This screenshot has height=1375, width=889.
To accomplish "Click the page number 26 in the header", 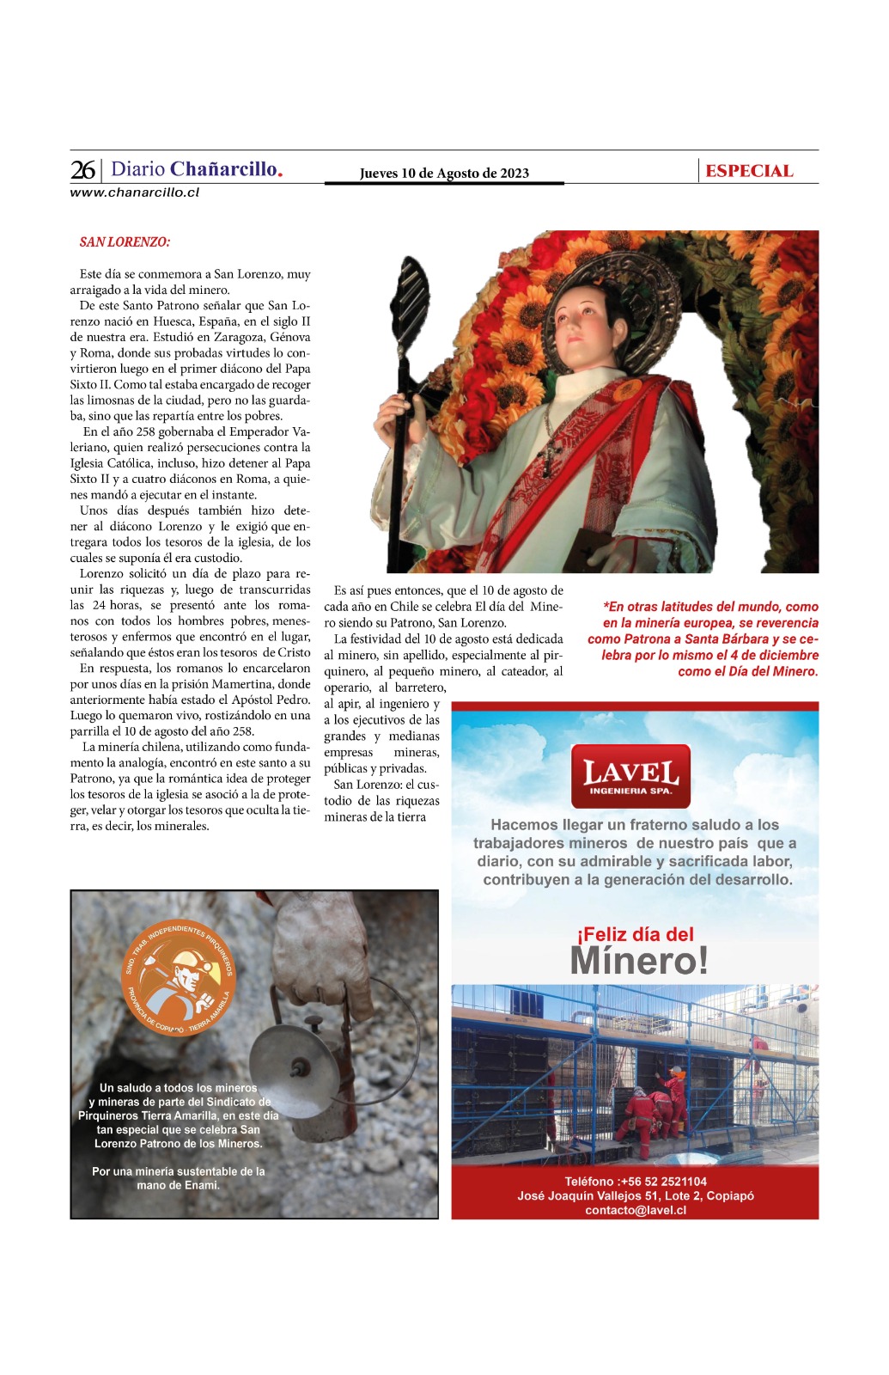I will tap(82, 169).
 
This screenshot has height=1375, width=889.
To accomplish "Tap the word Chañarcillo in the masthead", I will tap(226, 169).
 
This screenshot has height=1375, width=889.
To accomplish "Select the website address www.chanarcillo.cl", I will tap(135, 192).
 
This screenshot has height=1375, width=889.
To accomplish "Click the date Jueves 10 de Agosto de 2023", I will tap(444, 173).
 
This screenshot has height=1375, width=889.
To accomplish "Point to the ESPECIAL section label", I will tap(749, 171).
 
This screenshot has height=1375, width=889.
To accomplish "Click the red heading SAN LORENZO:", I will tap(125, 242).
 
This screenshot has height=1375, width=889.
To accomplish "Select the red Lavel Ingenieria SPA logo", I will tap(630, 776).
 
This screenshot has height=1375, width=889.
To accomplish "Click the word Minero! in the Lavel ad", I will tap(639, 961).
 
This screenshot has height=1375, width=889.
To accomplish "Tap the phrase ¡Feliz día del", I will tap(635, 934).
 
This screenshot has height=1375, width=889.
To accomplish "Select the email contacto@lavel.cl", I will tap(636, 1210).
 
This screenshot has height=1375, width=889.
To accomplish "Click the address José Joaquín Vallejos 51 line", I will tap(636, 1195).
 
